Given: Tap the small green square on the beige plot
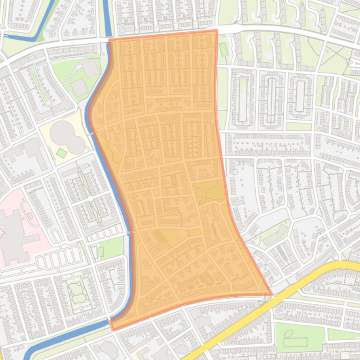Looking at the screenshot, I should pos(61,153).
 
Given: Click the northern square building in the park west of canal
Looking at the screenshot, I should pos(91,69).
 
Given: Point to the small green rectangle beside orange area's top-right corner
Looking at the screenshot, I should pos(223,49).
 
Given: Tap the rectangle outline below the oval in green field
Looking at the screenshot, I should pos(295,342).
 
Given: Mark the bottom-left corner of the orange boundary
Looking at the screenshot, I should pos(112,329).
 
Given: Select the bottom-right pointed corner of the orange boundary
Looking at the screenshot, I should pos(271,294).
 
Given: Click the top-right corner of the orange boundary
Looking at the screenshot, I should pos(217,31).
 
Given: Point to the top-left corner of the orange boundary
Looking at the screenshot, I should pos(110,40).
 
